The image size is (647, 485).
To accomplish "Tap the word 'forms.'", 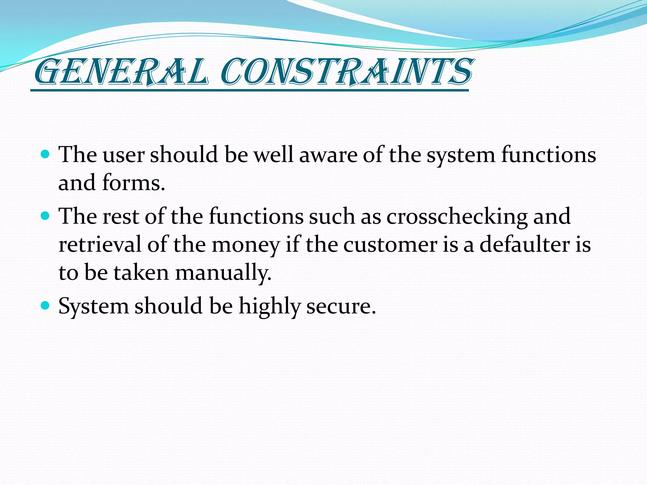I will (133, 183).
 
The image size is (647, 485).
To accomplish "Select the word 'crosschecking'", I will (457, 217).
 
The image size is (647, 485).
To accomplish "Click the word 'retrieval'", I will (100, 244).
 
